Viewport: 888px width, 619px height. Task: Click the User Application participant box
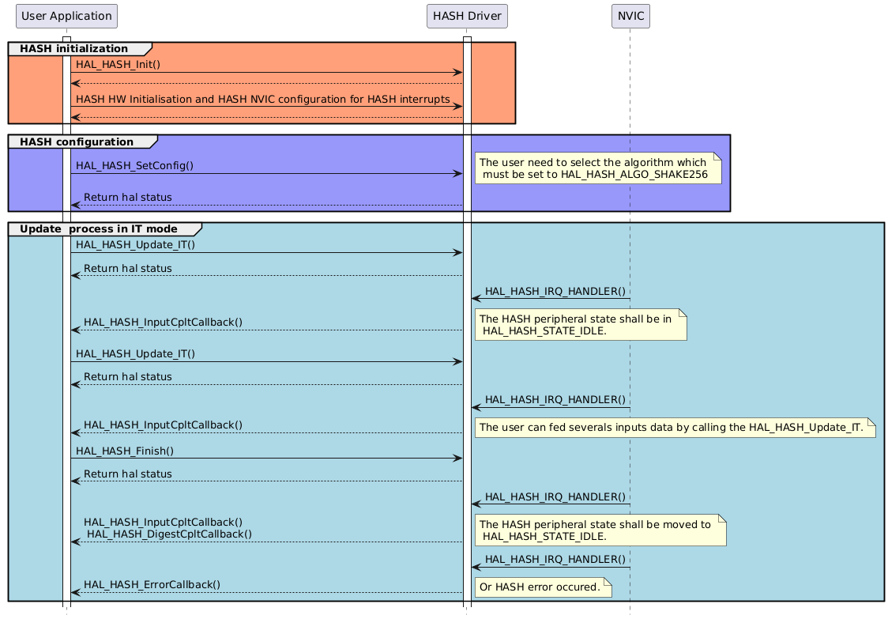66,16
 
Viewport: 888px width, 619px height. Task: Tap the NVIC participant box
630,16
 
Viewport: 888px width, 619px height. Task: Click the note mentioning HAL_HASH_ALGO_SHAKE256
598,168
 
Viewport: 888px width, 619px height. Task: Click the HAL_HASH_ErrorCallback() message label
152,584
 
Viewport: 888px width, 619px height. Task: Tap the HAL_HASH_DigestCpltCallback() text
169,534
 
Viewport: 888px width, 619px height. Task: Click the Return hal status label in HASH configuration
127,197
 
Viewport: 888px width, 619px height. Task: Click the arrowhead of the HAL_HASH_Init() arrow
457,73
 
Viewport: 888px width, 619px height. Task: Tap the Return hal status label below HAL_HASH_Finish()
127,474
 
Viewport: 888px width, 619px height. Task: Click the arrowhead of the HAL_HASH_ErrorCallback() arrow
75,592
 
